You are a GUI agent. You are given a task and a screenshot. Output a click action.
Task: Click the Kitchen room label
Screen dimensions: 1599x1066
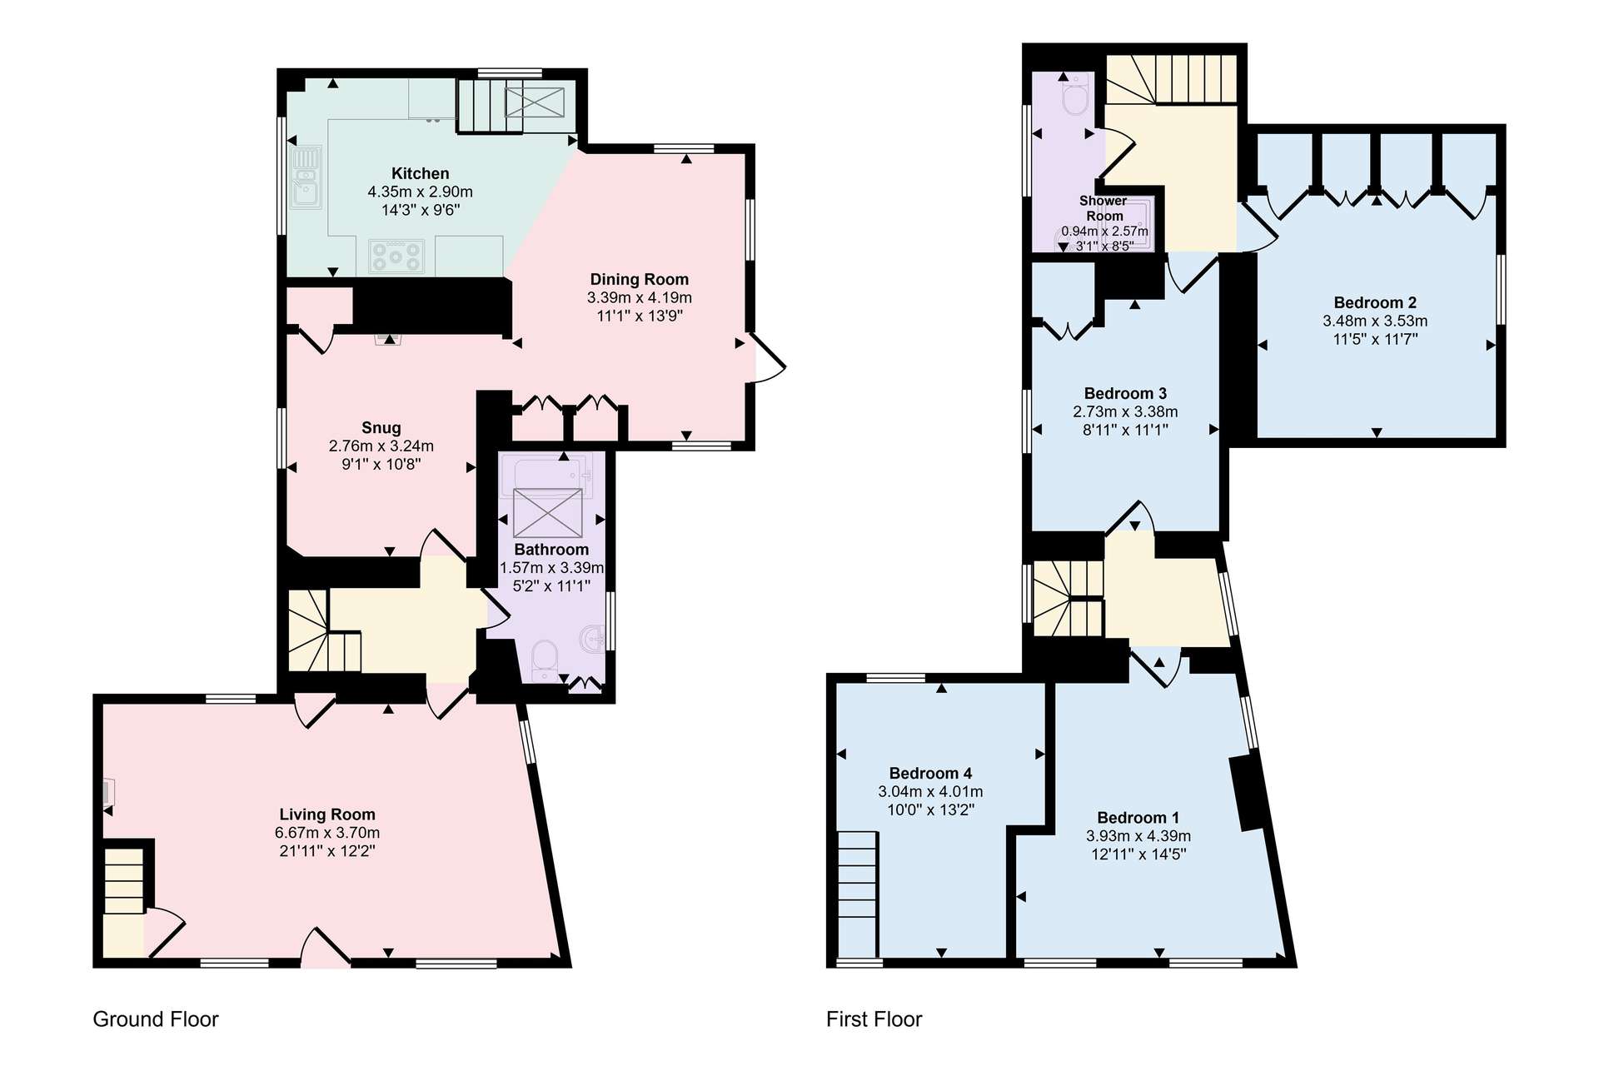point(420,173)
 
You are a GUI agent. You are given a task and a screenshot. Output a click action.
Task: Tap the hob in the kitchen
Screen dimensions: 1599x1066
point(396,256)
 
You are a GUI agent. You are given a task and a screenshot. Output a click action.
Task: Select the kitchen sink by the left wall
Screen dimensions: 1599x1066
point(306,177)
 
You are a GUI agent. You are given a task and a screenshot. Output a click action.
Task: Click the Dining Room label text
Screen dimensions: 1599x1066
point(639,279)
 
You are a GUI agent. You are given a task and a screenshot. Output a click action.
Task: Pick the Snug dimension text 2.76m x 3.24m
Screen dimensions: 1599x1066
point(381,446)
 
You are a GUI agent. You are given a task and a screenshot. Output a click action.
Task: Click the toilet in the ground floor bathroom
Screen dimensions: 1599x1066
point(545,660)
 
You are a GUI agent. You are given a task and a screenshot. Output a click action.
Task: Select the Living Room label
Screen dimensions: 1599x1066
point(326,814)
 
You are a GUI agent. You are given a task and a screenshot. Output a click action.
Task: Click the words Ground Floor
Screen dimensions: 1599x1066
point(156,1019)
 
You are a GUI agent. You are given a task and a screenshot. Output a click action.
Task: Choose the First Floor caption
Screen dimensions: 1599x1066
point(874,1019)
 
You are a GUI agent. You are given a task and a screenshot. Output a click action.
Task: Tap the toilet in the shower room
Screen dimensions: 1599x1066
point(1075,97)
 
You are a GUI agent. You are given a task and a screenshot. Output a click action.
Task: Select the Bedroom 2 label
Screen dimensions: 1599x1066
point(1375,302)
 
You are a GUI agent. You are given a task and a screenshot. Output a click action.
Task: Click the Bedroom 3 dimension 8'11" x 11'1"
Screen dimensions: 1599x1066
point(1125,430)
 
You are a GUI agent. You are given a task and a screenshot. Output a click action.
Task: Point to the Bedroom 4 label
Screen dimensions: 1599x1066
point(930,773)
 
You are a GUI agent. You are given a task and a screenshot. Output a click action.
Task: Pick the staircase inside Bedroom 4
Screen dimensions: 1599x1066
point(858,894)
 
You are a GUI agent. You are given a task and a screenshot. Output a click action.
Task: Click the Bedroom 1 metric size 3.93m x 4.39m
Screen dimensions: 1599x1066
point(1138,836)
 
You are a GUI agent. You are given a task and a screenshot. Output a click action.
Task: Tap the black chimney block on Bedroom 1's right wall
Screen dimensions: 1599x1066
point(1248,793)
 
